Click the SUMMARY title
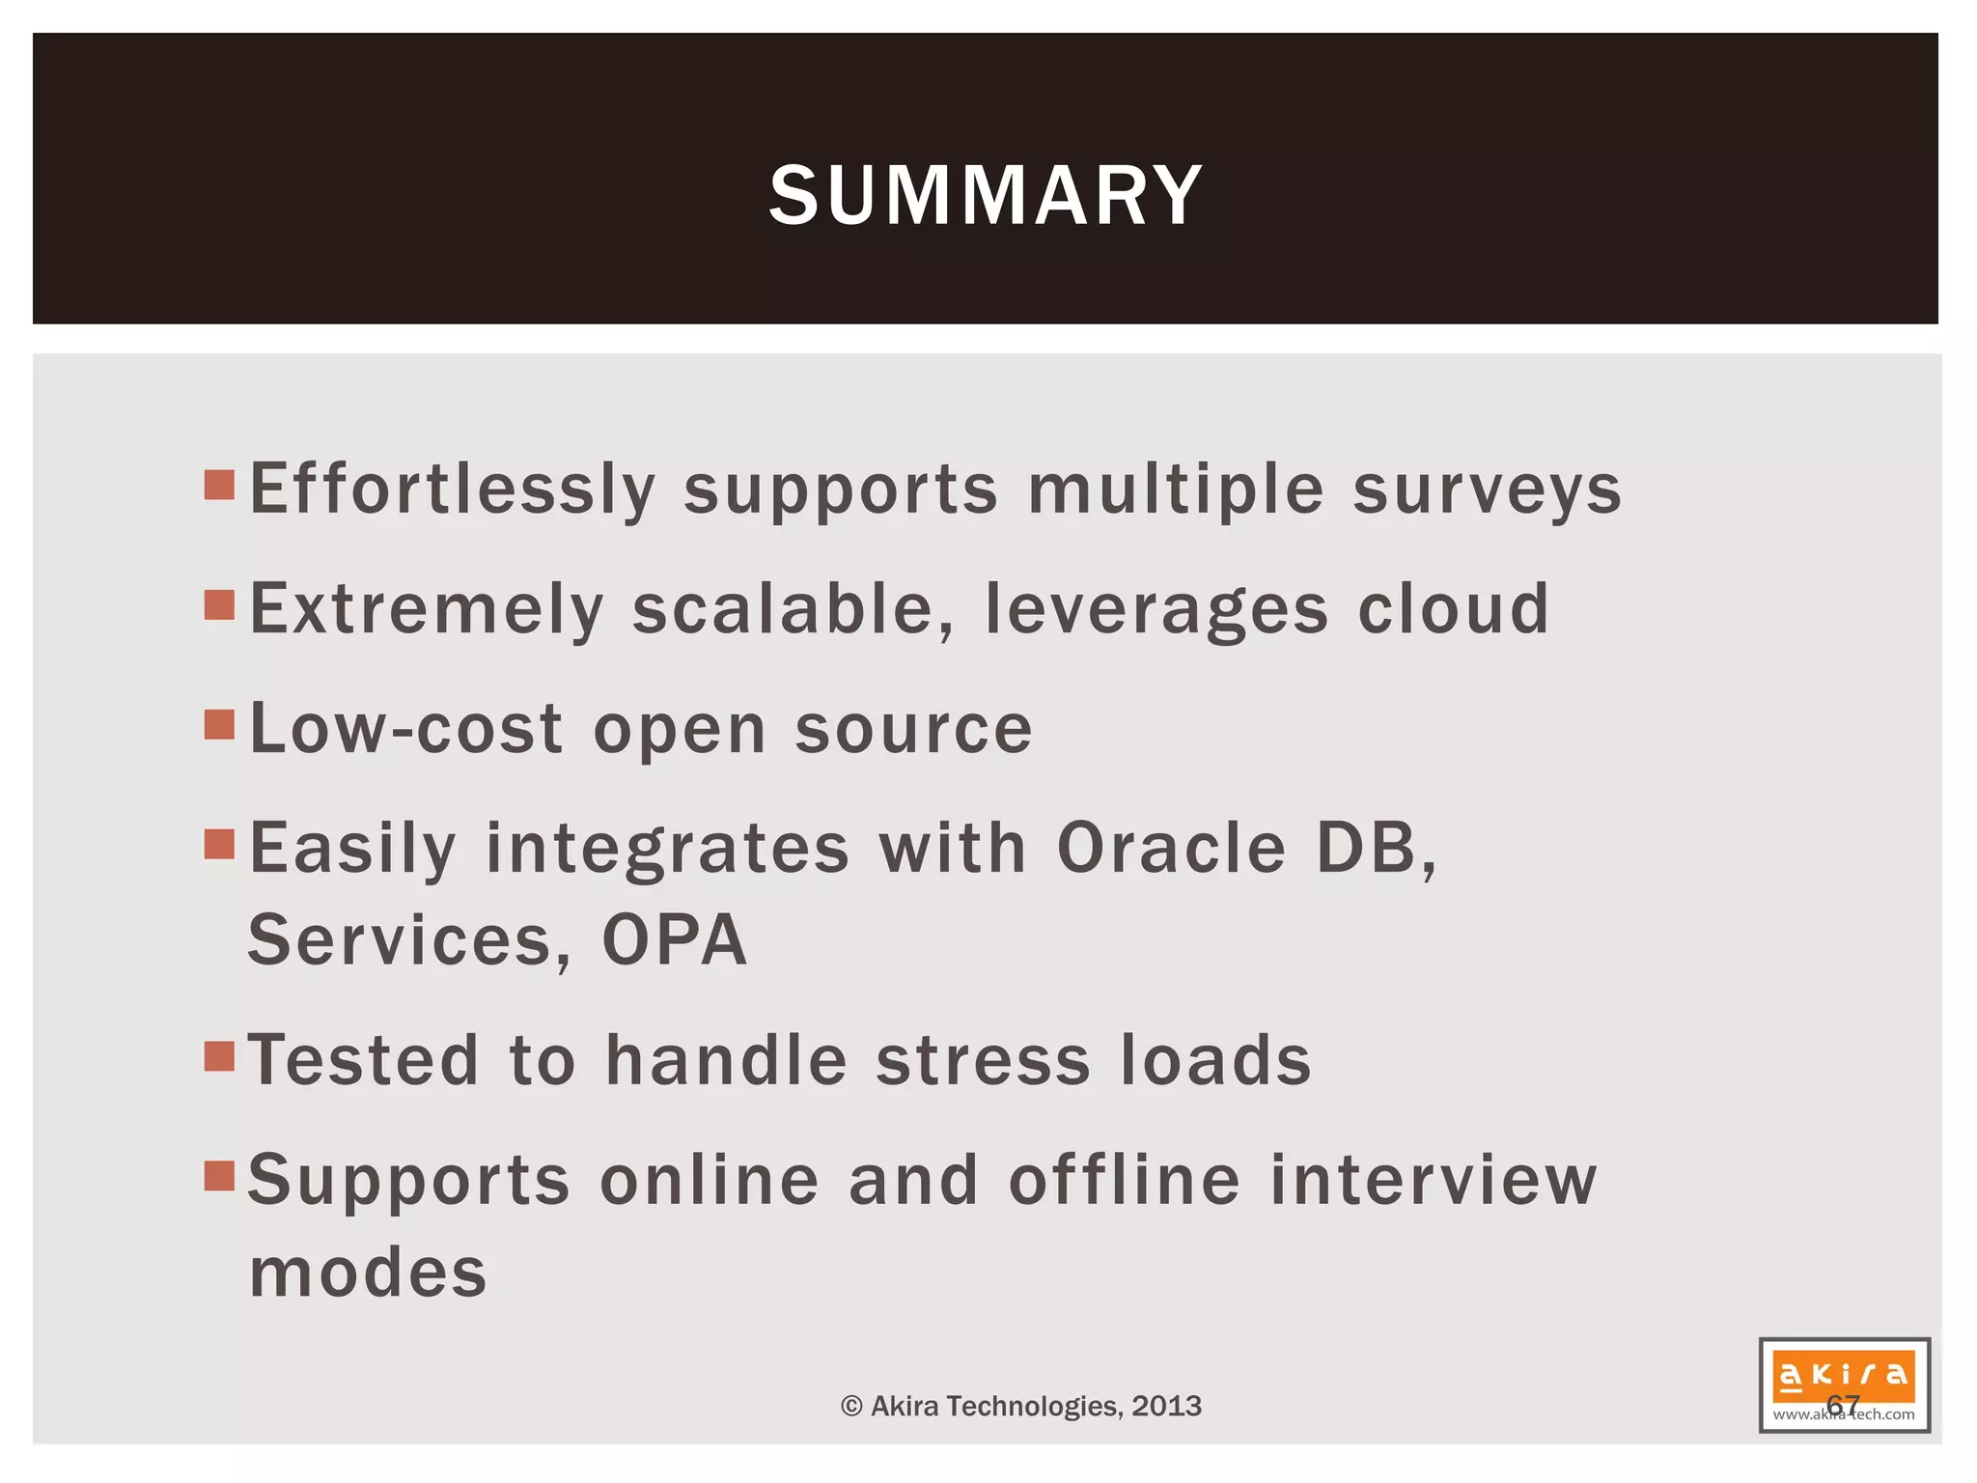(986, 196)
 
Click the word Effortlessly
(453, 490)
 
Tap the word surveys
(1487, 490)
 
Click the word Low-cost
(406, 729)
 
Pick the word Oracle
(1172, 849)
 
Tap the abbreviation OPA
(675, 940)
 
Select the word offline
(1125, 1181)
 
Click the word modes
(368, 1273)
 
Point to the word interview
(1434, 1181)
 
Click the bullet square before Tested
(220, 1057)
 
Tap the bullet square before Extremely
(220, 605)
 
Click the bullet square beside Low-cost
(220, 724)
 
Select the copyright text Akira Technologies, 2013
(1021, 1406)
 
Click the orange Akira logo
(1843, 1374)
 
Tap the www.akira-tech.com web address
(1843, 1415)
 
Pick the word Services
(409, 940)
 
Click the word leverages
(1156, 609)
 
